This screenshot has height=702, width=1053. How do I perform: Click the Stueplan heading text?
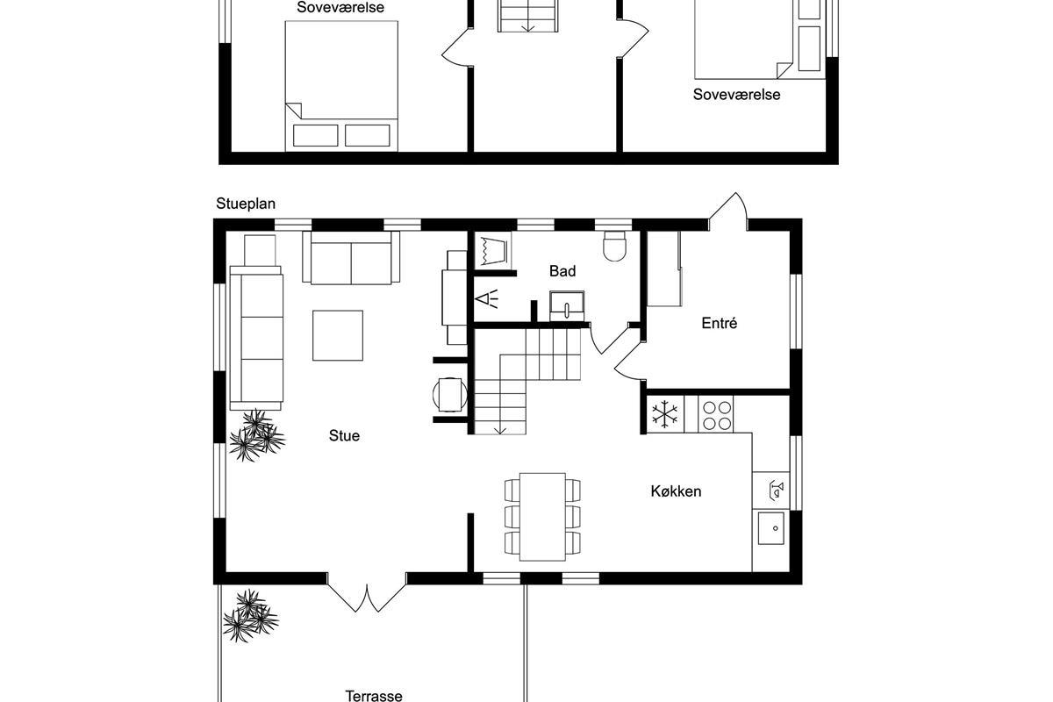point(246,204)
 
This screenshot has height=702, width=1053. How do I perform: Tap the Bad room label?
point(562,271)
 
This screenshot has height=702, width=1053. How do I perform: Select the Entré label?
point(720,323)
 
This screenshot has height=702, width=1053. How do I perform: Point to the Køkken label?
point(676,491)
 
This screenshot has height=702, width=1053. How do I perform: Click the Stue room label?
point(344,436)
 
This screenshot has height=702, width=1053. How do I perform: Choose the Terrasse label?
point(374,695)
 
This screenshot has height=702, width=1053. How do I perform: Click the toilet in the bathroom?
point(615,246)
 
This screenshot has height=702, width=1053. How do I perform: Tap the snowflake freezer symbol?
point(665,414)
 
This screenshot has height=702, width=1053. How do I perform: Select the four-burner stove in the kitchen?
point(715,414)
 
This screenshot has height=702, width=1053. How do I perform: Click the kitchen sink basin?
point(771,528)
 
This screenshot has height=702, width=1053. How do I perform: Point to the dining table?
point(542,517)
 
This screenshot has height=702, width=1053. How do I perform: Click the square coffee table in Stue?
point(338,335)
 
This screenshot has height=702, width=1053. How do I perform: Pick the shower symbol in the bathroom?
point(486,299)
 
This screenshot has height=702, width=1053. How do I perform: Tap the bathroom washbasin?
point(567,306)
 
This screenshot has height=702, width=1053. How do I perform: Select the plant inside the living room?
point(256,435)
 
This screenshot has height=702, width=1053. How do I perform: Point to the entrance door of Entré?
point(728,211)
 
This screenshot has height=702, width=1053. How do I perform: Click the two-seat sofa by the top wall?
point(351,258)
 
